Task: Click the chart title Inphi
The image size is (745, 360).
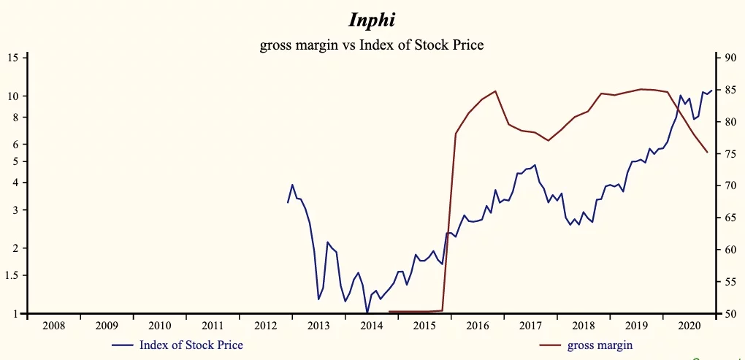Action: click(372, 19)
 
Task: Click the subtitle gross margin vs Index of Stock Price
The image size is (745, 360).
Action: click(372, 45)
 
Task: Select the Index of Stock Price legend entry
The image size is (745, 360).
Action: click(191, 345)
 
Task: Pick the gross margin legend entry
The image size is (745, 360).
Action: click(598, 345)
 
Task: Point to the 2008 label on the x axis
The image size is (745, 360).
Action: click(54, 326)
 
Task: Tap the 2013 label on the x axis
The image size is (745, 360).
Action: click(318, 326)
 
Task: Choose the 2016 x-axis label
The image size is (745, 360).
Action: click(477, 326)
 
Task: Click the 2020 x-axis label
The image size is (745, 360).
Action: click(689, 326)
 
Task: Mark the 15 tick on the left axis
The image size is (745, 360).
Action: click(16, 58)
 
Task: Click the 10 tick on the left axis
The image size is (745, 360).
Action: click(16, 96)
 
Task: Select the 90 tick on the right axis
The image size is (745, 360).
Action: click(729, 58)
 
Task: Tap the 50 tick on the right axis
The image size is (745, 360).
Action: click(729, 314)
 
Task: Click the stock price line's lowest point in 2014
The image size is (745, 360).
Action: click(367, 313)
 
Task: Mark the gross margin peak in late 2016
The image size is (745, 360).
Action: click(496, 91)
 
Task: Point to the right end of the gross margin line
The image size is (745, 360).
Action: click(707, 152)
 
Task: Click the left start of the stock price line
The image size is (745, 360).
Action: click(288, 202)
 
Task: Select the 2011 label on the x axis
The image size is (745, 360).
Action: click(213, 326)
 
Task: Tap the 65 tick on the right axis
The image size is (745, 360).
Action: click(729, 218)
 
